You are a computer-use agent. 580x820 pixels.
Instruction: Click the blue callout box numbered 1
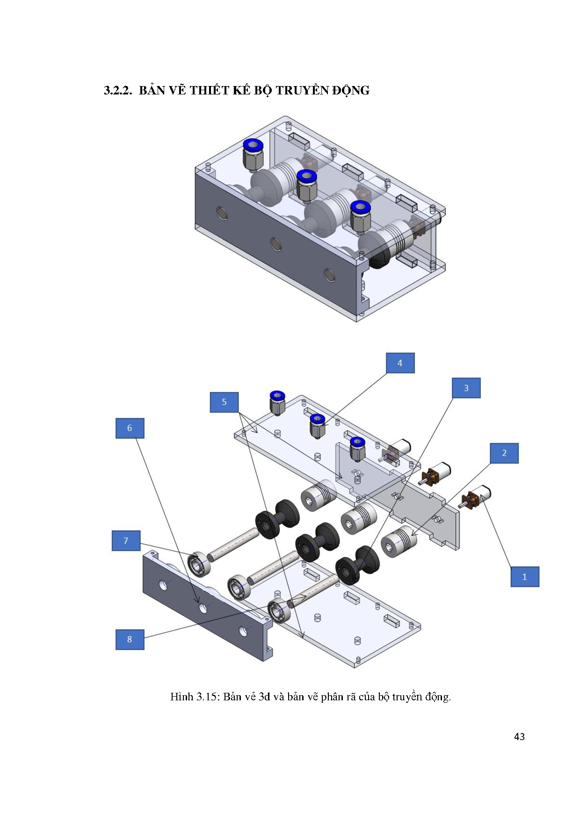pos(524,576)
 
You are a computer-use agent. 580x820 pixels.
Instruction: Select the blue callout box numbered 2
pos(504,453)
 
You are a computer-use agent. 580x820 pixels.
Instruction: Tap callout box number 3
pos(466,388)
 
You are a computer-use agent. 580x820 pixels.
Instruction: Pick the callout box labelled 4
pos(400,363)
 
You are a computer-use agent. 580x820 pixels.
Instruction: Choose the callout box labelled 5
pos(224,402)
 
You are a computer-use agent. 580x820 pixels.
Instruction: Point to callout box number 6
pos(130,428)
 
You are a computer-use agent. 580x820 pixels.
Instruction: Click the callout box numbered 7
pos(126,540)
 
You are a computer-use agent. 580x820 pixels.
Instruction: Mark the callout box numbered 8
pos(130,639)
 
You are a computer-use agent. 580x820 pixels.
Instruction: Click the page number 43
pos(519,737)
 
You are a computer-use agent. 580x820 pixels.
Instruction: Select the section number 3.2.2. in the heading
pos(118,90)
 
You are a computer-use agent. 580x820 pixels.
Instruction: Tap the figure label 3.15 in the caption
pos(207,697)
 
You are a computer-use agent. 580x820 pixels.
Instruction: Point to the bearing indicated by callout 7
pos(200,565)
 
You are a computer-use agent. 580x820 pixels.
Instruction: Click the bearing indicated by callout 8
pos(280,611)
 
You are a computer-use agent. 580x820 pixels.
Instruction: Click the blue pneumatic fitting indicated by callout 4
pos(318,425)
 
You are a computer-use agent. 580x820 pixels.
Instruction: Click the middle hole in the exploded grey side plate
pos(203,608)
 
